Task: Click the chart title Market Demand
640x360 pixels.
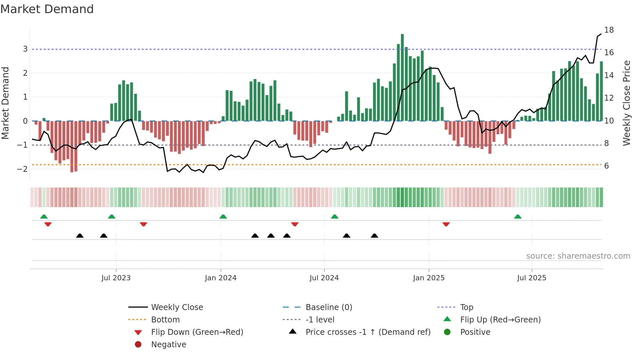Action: click(x=47, y=9)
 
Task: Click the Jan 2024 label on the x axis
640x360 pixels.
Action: click(x=220, y=278)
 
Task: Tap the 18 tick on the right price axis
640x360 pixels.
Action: click(x=609, y=30)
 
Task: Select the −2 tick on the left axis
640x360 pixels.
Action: click(x=22, y=169)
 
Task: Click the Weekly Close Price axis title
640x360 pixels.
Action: click(x=626, y=103)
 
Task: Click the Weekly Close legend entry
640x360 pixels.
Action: click(x=177, y=307)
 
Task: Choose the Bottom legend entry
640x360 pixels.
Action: click(x=165, y=320)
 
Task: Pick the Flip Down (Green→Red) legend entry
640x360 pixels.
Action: click(x=197, y=332)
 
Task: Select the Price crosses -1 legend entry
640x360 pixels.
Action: click(x=368, y=332)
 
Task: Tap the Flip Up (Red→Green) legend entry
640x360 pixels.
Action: click(x=500, y=320)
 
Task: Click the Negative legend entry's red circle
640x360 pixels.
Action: click(x=138, y=345)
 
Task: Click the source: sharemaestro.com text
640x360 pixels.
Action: click(x=578, y=256)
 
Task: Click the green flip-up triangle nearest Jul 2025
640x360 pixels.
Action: click(x=518, y=217)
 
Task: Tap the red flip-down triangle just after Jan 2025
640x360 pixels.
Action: click(x=446, y=224)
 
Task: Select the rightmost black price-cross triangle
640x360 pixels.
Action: click(x=375, y=236)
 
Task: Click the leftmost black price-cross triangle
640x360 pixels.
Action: click(x=80, y=236)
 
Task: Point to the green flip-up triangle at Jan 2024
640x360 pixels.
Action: click(x=223, y=217)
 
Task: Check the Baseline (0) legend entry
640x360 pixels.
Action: click(x=328, y=307)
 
